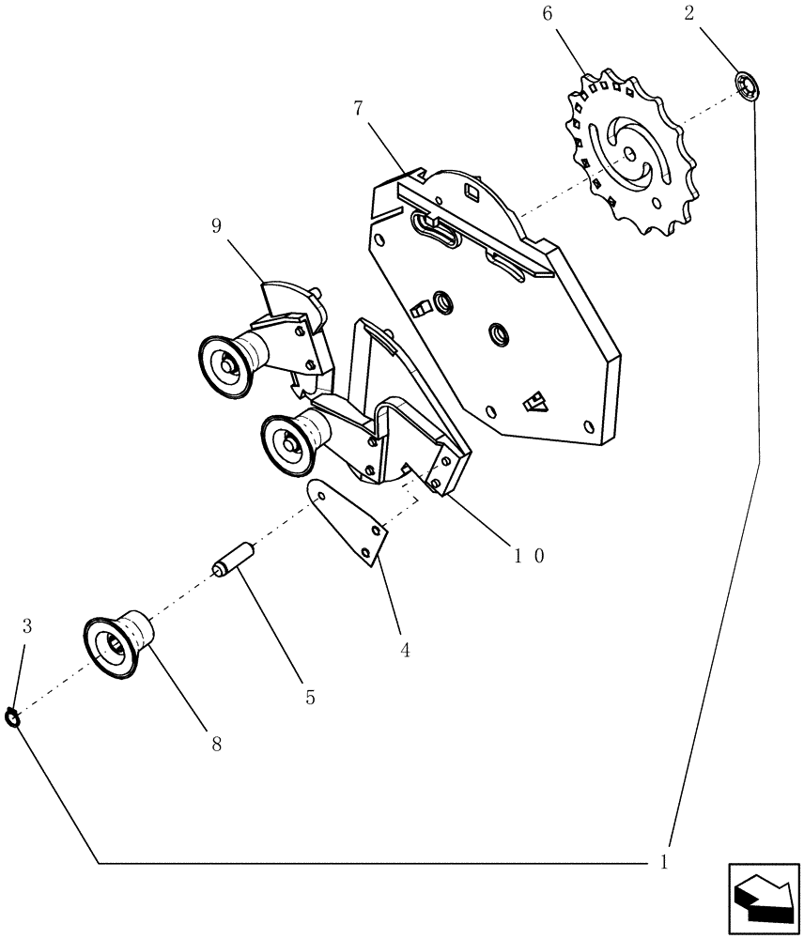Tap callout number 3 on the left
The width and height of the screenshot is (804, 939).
tap(26, 626)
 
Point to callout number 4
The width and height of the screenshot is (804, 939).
tap(405, 650)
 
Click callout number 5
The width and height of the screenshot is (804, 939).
tap(310, 698)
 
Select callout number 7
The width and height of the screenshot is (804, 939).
tap(358, 108)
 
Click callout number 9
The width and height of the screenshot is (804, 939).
tap(216, 226)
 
